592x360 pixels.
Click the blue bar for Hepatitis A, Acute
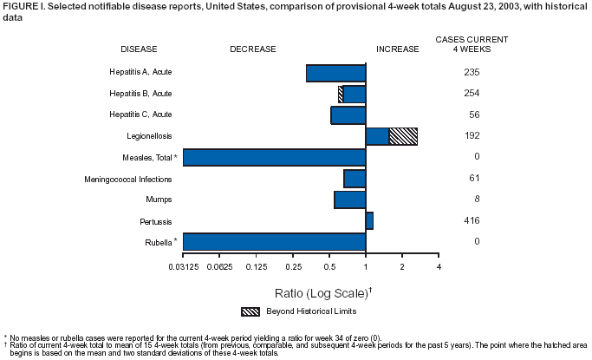[335, 73]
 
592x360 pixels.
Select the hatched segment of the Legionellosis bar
[403, 136]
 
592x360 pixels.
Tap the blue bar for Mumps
[349, 200]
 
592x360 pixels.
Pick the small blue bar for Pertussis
[370, 220]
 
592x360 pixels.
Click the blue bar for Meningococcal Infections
[355, 179]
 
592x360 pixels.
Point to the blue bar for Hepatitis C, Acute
[348, 115]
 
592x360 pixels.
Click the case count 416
[472, 220]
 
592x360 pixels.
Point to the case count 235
[472, 73]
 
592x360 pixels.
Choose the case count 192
[472, 136]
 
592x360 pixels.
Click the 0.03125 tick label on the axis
[183, 265]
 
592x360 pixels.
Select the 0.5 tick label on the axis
[329, 265]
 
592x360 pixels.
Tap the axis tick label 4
[439, 265]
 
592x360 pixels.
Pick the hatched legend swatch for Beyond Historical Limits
[250, 311]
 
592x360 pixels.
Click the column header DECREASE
[253, 49]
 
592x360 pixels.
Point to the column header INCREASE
[397, 49]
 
